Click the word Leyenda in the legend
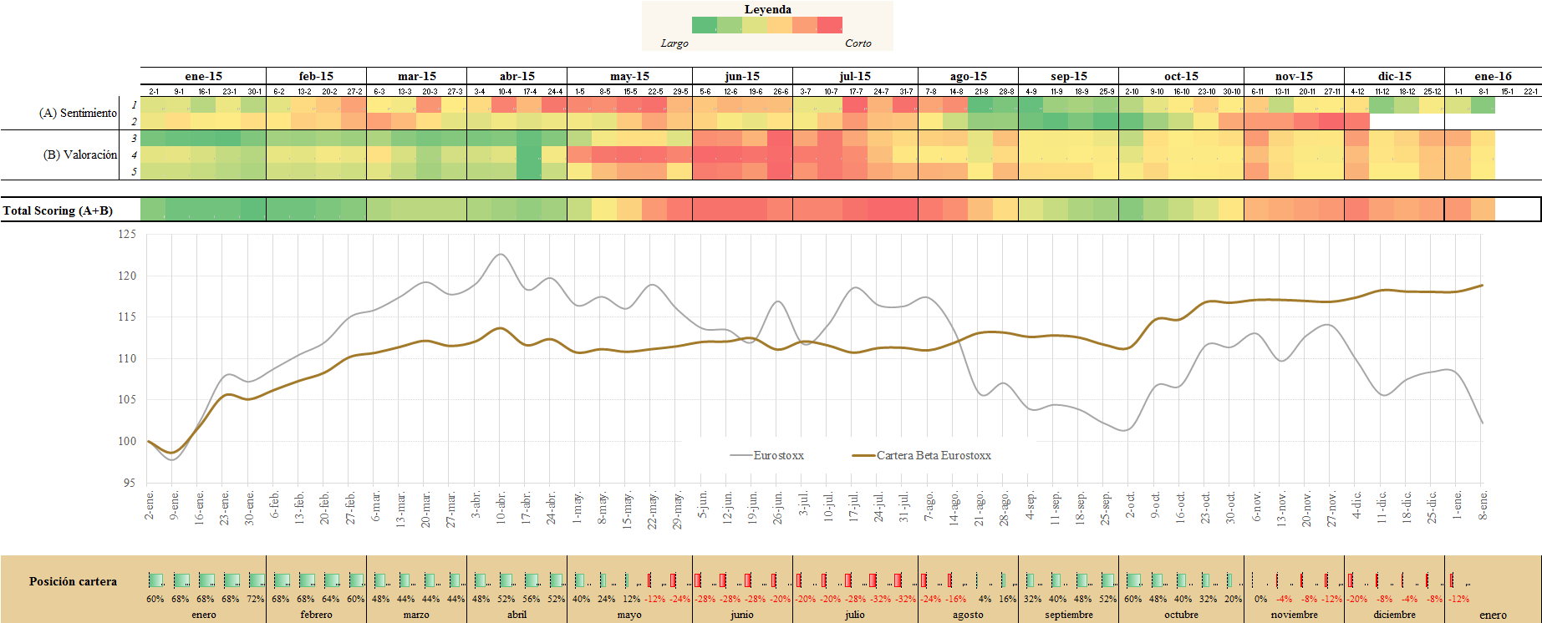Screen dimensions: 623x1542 click(x=767, y=9)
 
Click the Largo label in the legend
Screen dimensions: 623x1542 click(x=674, y=43)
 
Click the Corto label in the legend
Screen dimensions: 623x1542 click(x=858, y=43)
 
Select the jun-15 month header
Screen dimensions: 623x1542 click(x=742, y=76)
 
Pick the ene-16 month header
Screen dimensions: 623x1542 click(x=1493, y=76)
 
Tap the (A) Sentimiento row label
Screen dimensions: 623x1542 click(x=78, y=113)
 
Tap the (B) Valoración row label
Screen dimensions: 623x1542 click(x=80, y=154)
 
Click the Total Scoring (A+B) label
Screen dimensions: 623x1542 click(x=58, y=210)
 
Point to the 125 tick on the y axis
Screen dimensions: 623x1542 click(x=126, y=235)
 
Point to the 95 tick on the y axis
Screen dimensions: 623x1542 click(x=129, y=483)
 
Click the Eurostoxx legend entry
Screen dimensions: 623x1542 click(x=778, y=455)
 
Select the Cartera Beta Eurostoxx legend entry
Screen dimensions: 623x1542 click(x=934, y=455)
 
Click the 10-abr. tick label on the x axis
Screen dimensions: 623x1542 click(x=501, y=508)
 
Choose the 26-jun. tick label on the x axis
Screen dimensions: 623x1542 click(x=778, y=508)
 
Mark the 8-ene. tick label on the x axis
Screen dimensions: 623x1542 click(x=1483, y=506)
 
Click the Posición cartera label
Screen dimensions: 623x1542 click(x=73, y=581)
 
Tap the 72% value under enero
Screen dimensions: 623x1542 click(x=255, y=599)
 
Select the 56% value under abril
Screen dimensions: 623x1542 click(x=532, y=599)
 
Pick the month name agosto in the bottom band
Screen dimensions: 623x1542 click(x=968, y=615)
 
